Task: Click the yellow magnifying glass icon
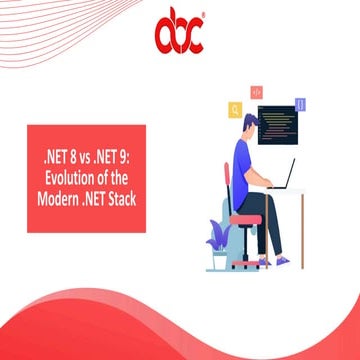[236, 110]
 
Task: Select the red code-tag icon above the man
[257, 92]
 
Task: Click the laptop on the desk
[283, 174]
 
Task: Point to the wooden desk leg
[302, 230]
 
